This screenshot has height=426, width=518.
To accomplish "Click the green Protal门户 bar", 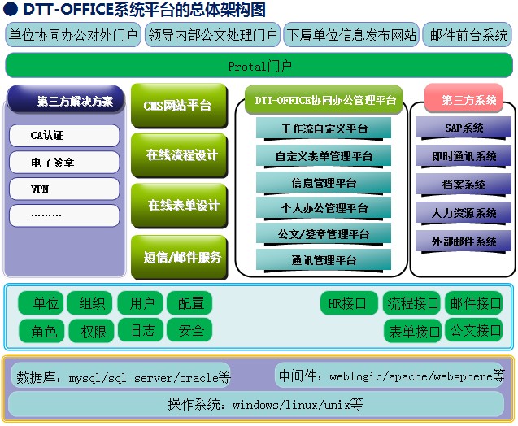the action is tap(259, 65).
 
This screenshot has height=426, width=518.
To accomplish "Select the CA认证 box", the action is tap(64, 136).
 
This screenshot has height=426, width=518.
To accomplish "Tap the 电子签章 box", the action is tap(64, 162).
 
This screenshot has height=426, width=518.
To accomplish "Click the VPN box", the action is tap(64, 189).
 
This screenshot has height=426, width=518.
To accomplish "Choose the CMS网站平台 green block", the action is tap(180, 106).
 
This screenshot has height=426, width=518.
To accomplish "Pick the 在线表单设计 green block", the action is tap(180, 206).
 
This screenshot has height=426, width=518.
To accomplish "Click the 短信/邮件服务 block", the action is tap(180, 257).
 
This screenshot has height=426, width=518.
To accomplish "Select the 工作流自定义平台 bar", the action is tap(324, 128).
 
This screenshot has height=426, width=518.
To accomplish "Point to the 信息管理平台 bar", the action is tap(324, 183).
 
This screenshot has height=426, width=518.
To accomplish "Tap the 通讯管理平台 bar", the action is tap(324, 260).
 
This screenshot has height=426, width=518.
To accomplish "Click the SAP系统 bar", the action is tap(464, 128).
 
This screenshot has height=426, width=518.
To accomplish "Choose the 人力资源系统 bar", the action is tap(464, 213).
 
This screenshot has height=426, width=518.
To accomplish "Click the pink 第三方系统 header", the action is tap(464, 98).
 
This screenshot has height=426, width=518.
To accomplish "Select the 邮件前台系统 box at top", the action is tap(468, 35).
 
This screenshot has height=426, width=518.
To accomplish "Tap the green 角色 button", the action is tap(41, 331).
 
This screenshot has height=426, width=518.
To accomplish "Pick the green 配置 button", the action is tap(189, 303).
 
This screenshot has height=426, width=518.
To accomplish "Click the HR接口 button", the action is tap(349, 303).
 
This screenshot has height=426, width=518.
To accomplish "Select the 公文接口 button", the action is tap(474, 330).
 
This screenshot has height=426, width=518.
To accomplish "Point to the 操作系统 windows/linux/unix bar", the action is tap(256, 404).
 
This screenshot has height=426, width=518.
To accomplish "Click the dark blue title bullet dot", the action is tap(11, 9).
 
